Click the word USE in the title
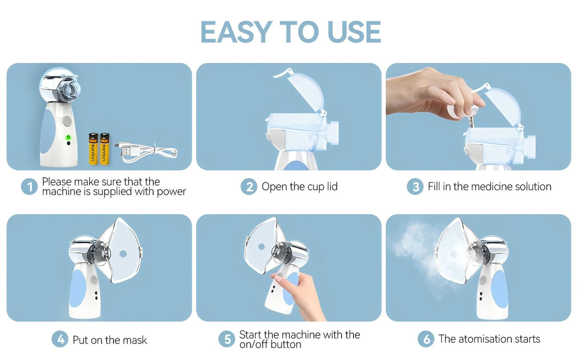pyautogui.click(x=354, y=32)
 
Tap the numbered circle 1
pyautogui.click(x=29, y=187)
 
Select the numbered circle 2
pyautogui.click(x=249, y=187)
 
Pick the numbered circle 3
pyautogui.click(x=415, y=187)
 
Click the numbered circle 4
pyautogui.click(x=60, y=339)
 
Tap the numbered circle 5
pyautogui.click(x=227, y=339)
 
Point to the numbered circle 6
pyautogui.click(x=426, y=339)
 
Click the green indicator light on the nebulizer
pyautogui.click(x=68, y=138)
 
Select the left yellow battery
pyautogui.click(x=93, y=149)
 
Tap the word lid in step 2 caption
pyautogui.click(x=332, y=186)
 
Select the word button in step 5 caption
pyautogui.click(x=288, y=345)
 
